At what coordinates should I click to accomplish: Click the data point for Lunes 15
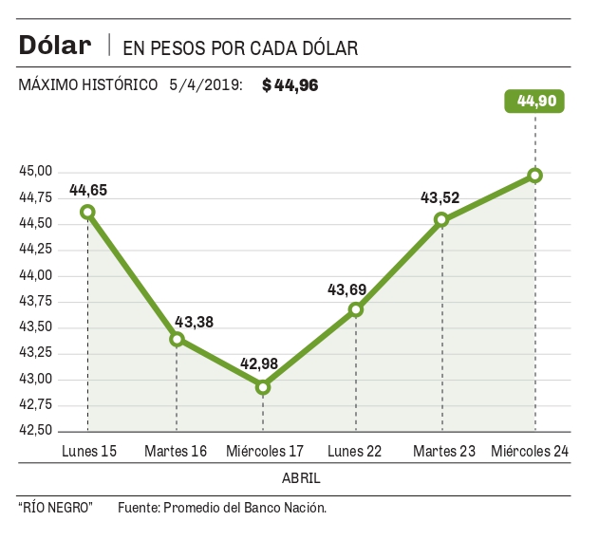pos(87,212)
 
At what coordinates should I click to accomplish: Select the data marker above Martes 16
pos(177,339)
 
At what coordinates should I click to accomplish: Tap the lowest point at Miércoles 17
pos(263,387)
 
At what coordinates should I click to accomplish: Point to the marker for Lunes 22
pos(356,309)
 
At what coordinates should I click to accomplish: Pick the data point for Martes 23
pos(441,219)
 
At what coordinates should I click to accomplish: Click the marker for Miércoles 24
pos(535,176)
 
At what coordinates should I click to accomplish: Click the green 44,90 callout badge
pos(535,100)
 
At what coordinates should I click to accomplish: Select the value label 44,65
pos(88,190)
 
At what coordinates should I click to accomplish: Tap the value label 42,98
pos(259,365)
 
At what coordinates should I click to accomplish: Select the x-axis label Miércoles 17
pos(265,451)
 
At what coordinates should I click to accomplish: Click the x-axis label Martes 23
pos(444,451)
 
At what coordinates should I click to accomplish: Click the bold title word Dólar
pos(55,45)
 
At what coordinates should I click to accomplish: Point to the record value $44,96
pos(290,85)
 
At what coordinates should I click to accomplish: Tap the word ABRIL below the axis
pos(301,476)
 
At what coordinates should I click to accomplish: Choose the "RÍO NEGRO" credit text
pos(55,508)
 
